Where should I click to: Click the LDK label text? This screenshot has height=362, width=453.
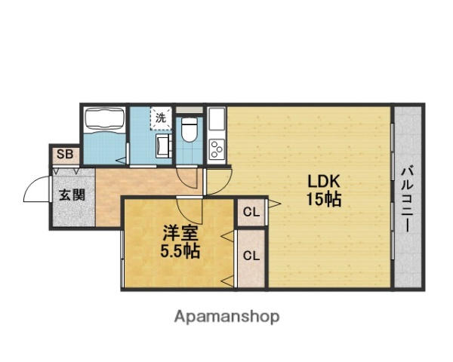(325, 183)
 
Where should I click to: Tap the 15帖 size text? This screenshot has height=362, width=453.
(325, 200)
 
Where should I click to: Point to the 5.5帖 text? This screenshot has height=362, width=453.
(179, 252)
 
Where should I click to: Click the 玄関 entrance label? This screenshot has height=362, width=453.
(72, 194)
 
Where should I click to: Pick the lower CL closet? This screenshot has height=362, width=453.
(251, 255)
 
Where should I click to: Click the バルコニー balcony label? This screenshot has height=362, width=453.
(406, 198)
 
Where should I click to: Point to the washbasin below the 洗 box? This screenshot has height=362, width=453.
(162, 145)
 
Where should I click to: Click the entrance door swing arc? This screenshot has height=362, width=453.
(36, 189)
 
